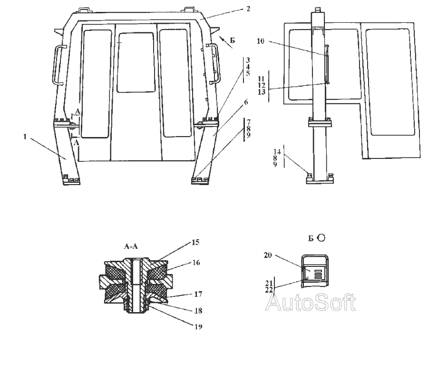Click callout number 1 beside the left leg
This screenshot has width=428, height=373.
(25, 136)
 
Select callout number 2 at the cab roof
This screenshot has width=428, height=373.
(248, 9)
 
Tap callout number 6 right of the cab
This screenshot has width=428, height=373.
(246, 102)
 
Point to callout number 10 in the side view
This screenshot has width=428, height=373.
(261, 41)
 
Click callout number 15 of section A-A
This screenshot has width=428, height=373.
(196, 242)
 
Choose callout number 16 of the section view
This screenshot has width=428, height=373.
(196, 263)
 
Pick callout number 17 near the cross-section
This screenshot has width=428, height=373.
(198, 294)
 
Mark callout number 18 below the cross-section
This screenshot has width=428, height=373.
(198, 311)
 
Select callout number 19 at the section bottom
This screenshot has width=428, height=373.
(198, 326)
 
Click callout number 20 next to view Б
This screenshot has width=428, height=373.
(268, 255)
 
